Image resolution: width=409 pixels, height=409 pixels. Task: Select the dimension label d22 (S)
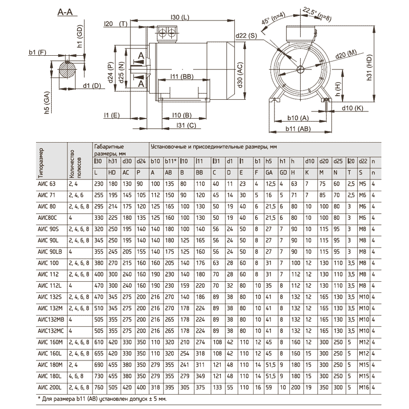246,35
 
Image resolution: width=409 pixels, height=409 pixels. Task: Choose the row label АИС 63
47,183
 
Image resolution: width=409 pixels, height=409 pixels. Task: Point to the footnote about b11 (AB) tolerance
102,398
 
